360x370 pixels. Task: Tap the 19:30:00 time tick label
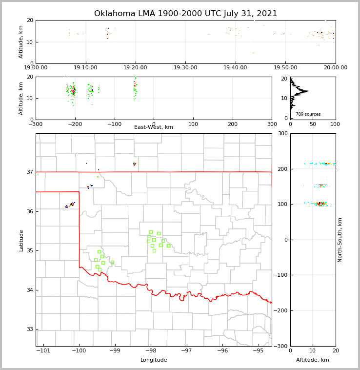(x=185, y=68)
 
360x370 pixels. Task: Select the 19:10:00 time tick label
(x=85, y=68)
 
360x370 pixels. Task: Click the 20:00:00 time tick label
(x=336, y=68)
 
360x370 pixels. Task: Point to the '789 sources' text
(x=308, y=114)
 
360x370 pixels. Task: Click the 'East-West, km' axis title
(x=154, y=127)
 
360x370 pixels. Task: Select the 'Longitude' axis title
(x=154, y=360)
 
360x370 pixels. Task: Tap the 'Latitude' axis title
(x=21, y=240)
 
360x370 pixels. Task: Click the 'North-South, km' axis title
(x=340, y=240)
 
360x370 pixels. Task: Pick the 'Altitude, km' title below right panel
(x=313, y=360)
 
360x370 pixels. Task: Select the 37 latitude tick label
(x=30, y=172)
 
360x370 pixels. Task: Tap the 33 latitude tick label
(x=30, y=329)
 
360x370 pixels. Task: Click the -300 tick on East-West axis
(x=36, y=124)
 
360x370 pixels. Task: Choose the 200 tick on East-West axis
(x=232, y=124)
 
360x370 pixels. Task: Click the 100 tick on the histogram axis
(x=335, y=124)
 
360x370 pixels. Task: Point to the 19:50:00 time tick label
(x=285, y=68)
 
